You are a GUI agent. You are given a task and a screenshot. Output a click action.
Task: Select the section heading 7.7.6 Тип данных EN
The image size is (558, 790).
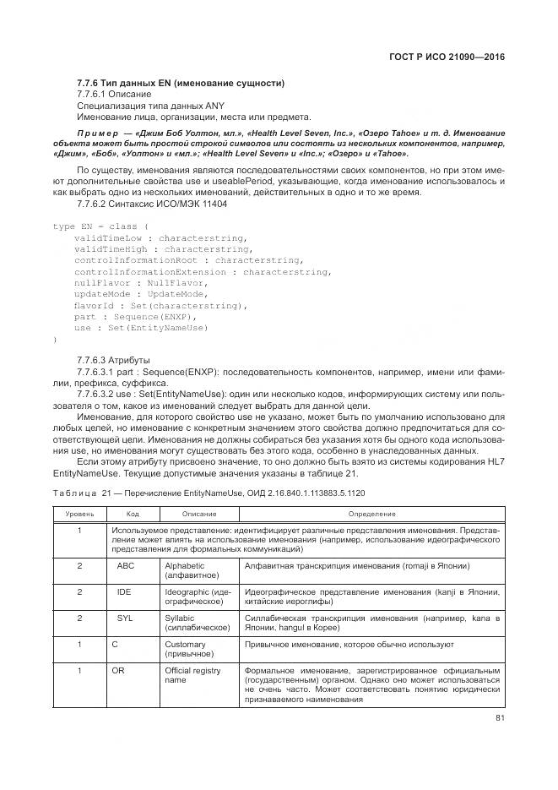click(x=180, y=83)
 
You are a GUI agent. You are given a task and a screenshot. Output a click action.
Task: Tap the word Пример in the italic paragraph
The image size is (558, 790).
click(x=100, y=133)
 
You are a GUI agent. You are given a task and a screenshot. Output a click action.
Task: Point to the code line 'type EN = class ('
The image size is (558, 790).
click(x=100, y=226)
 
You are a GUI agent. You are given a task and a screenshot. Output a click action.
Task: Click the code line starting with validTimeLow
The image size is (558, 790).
click(x=160, y=238)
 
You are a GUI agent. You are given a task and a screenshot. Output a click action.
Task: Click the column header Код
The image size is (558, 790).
click(x=133, y=513)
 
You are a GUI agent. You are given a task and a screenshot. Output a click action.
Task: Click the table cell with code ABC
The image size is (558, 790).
click(x=125, y=565)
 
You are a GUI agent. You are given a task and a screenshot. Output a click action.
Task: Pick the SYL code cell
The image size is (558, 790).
click(x=124, y=618)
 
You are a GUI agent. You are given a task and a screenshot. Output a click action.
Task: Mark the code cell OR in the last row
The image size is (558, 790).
click(x=118, y=670)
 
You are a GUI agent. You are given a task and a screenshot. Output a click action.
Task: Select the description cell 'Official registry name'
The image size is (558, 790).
click(x=192, y=675)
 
